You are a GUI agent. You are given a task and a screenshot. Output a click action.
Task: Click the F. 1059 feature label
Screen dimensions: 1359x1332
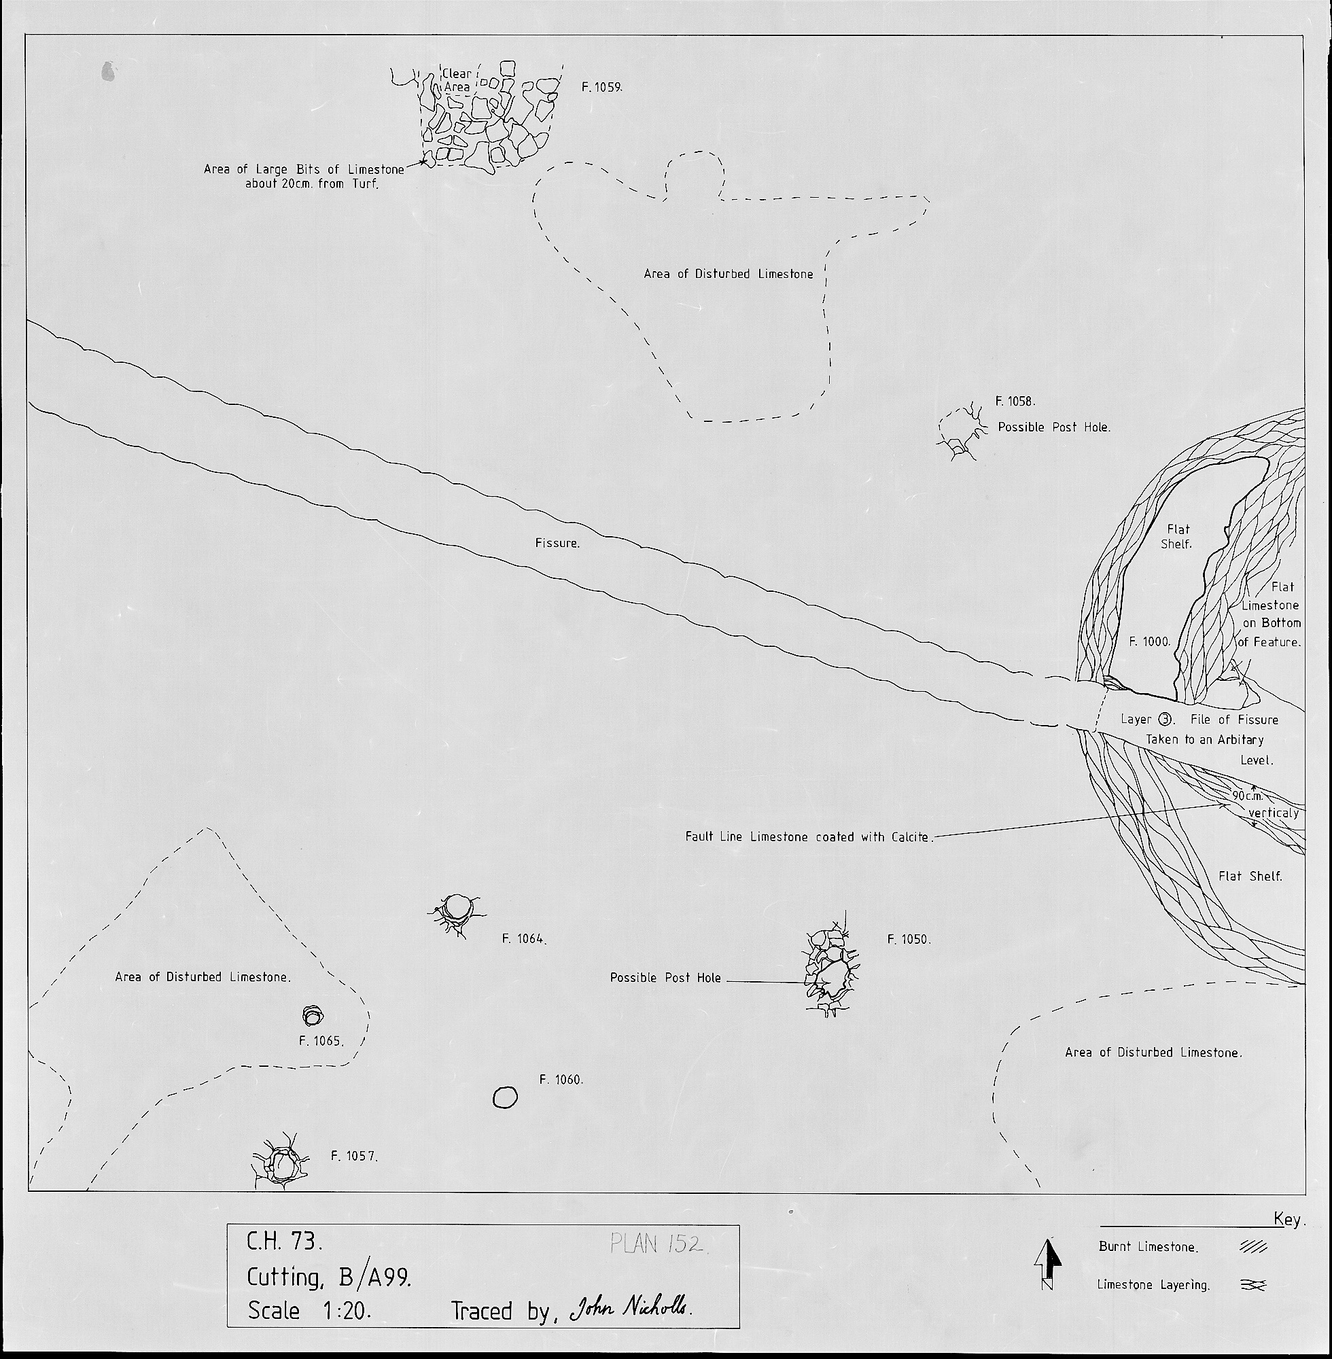coord(601,88)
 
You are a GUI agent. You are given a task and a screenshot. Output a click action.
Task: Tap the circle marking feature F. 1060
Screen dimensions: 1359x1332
coord(505,1097)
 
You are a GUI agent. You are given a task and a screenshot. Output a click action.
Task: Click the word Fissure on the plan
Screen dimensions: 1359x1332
coord(557,543)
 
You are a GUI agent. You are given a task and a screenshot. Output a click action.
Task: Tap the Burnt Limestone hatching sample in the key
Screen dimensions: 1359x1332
coord(1253,1246)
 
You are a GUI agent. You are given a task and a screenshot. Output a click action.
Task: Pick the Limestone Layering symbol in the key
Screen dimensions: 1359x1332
coord(1253,1285)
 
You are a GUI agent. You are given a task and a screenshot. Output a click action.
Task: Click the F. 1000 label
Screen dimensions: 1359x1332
coord(1150,641)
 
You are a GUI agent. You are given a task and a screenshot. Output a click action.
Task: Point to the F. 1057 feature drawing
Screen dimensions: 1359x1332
coord(280,1164)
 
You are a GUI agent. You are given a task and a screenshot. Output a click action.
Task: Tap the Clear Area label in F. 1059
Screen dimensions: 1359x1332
coord(457,80)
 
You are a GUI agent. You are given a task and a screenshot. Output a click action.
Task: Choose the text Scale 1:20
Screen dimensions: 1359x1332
coord(309,1310)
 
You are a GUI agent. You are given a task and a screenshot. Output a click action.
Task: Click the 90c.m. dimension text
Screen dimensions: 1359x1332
coord(1247,795)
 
